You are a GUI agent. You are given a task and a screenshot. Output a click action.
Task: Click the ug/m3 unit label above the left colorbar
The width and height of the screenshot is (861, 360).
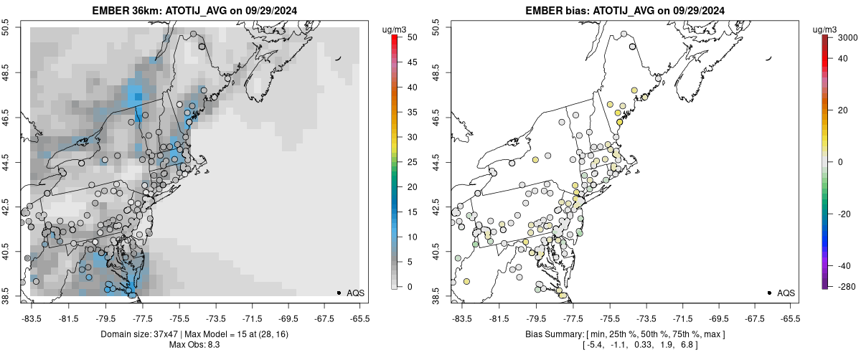pyautogui.click(x=395, y=29)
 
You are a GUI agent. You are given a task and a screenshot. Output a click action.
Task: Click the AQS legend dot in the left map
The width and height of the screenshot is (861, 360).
pyautogui.click(x=339, y=293)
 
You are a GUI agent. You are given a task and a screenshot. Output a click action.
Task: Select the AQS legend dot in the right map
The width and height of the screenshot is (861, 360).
pyautogui.click(x=769, y=293)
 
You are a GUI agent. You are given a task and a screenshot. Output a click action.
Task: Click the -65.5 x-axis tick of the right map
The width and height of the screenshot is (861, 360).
pyautogui.click(x=789, y=318)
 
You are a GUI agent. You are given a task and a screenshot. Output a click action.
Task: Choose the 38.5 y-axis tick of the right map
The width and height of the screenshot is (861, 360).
pyautogui.click(x=437, y=296)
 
